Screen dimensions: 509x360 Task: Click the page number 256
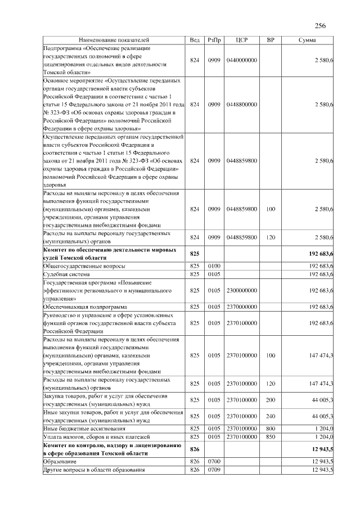click(320, 26)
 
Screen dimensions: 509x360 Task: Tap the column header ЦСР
click(242, 40)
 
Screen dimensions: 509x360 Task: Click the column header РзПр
click(214, 40)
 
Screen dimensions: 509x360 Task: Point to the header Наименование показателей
click(114, 40)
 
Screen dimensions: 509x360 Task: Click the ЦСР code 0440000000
click(242, 60)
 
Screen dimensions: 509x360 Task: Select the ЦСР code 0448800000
click(242, 105)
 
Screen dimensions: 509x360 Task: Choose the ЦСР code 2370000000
click(242, 307)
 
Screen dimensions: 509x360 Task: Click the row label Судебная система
click(67, 274)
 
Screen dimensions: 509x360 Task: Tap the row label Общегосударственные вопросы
click(84, 266)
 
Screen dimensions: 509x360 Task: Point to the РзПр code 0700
click(214, 461)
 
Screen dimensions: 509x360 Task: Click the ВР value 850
click(271, 437)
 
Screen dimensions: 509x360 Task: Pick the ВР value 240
click(271, 416)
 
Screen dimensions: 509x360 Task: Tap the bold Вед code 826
click(195, 449)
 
